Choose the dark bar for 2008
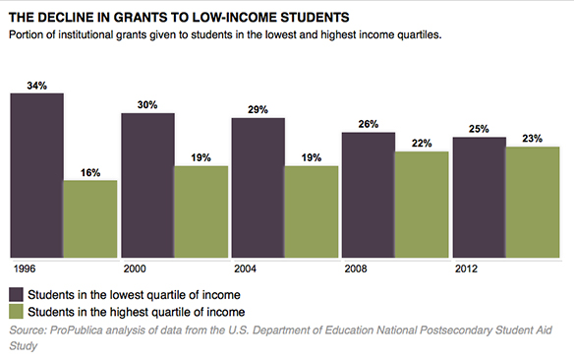pos(368,194)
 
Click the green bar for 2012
pos(533,202)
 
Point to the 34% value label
pos(37,86)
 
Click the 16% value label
pos(90,172)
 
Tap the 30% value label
pos(147,105)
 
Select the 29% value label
pos(258,110)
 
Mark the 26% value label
pos(368,124)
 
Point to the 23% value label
pos(533,139)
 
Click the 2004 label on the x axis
pos(245,268)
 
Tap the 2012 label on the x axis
pos(465,268)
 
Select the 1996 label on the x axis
pos(24,268)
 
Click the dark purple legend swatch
pos(17,294)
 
